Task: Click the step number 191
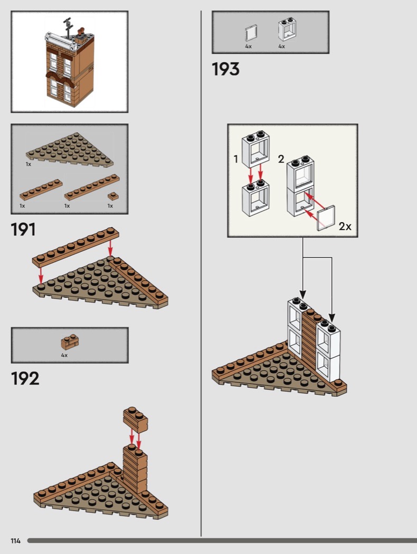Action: point(23,230)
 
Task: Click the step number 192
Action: point(25,378)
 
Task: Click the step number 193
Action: point(225,69)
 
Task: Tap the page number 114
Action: point(15,541)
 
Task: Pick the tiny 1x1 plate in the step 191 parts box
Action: point(113,196)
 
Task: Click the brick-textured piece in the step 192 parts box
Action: point(70,342)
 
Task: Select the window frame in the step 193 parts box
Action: point(287,30)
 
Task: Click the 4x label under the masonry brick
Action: point(64,355)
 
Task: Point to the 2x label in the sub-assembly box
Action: point(345,226)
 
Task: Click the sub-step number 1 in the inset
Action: point(236,159)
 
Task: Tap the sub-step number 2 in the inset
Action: point(281,159)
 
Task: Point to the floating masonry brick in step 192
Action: point(135,420)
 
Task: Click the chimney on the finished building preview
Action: point(81,34)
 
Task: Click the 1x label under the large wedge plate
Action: point(29,164)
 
